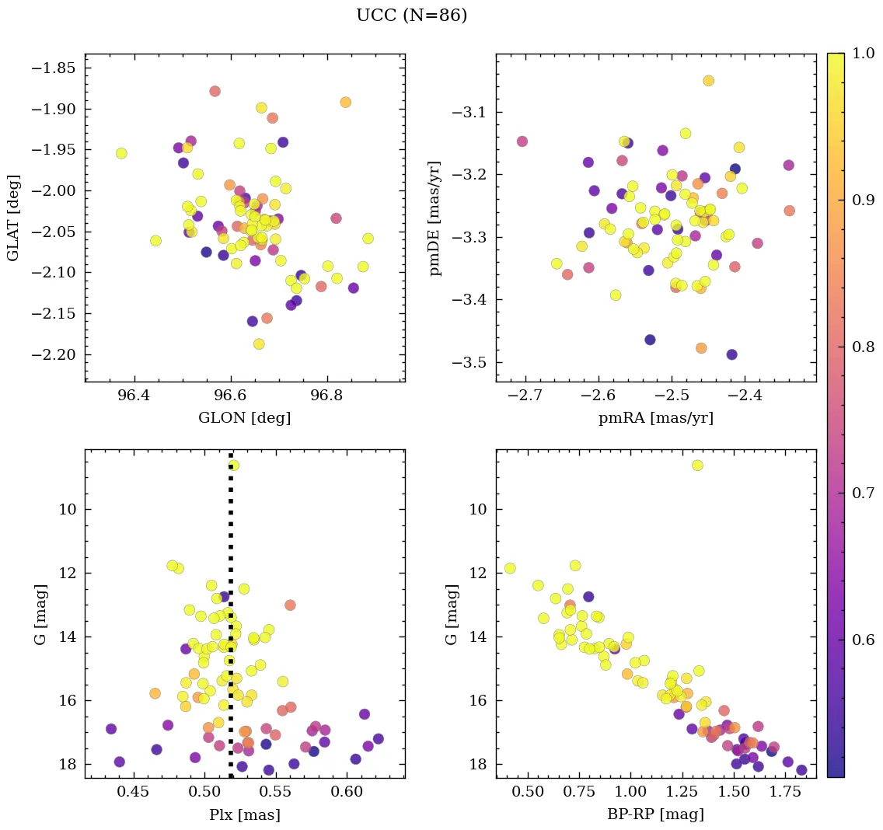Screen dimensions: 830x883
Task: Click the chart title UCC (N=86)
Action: click(x=411, y=16)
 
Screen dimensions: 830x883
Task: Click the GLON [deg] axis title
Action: click(x=244, y=418)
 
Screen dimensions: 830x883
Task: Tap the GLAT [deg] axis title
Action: click(x=13, y=218)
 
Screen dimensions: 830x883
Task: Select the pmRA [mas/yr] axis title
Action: click(x=655, y=418)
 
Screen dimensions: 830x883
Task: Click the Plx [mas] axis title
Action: click(x=244, y=815)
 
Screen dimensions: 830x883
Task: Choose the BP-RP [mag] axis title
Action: click(x=655, y=815)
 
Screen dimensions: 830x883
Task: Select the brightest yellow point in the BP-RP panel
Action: click(x=697, y=466)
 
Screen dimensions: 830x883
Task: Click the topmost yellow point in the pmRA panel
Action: click(x=708, y=81)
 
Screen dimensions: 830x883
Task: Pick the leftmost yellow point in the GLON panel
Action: click(x=121, y=153)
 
